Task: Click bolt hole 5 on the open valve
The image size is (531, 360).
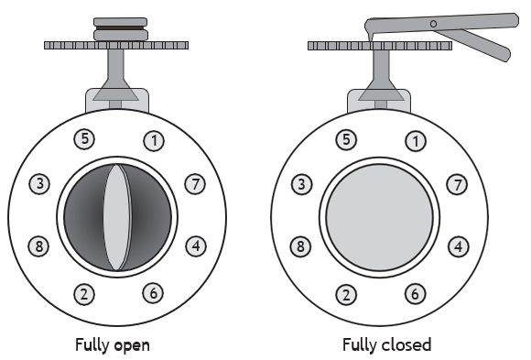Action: (84, 139)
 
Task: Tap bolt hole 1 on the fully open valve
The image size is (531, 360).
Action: (154, 141)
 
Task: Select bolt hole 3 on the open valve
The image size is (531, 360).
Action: (39, 184)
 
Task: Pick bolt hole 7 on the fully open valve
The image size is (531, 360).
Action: (195, 184)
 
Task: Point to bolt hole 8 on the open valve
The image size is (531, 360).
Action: (39, 246)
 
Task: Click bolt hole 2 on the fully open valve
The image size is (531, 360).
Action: (84, 294)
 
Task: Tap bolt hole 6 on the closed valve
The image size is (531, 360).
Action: (415, 293)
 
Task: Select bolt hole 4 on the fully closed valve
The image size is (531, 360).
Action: (459, 246)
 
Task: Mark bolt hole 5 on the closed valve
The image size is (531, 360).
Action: (346, 139)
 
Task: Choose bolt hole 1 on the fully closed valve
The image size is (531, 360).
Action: (416, 141)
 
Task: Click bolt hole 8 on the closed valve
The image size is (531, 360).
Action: (300, 246)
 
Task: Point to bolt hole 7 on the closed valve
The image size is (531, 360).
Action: (458, 185)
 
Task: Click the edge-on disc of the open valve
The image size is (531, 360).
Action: (117, 217)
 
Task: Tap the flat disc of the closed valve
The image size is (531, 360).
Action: (380, 218)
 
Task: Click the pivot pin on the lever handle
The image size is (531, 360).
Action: (433, 24)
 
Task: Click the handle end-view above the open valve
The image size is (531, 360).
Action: (121, 29)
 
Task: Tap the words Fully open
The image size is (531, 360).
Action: (112, 345)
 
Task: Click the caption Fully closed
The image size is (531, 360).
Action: (386, 344)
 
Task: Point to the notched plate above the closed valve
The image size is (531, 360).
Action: (380, 46)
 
